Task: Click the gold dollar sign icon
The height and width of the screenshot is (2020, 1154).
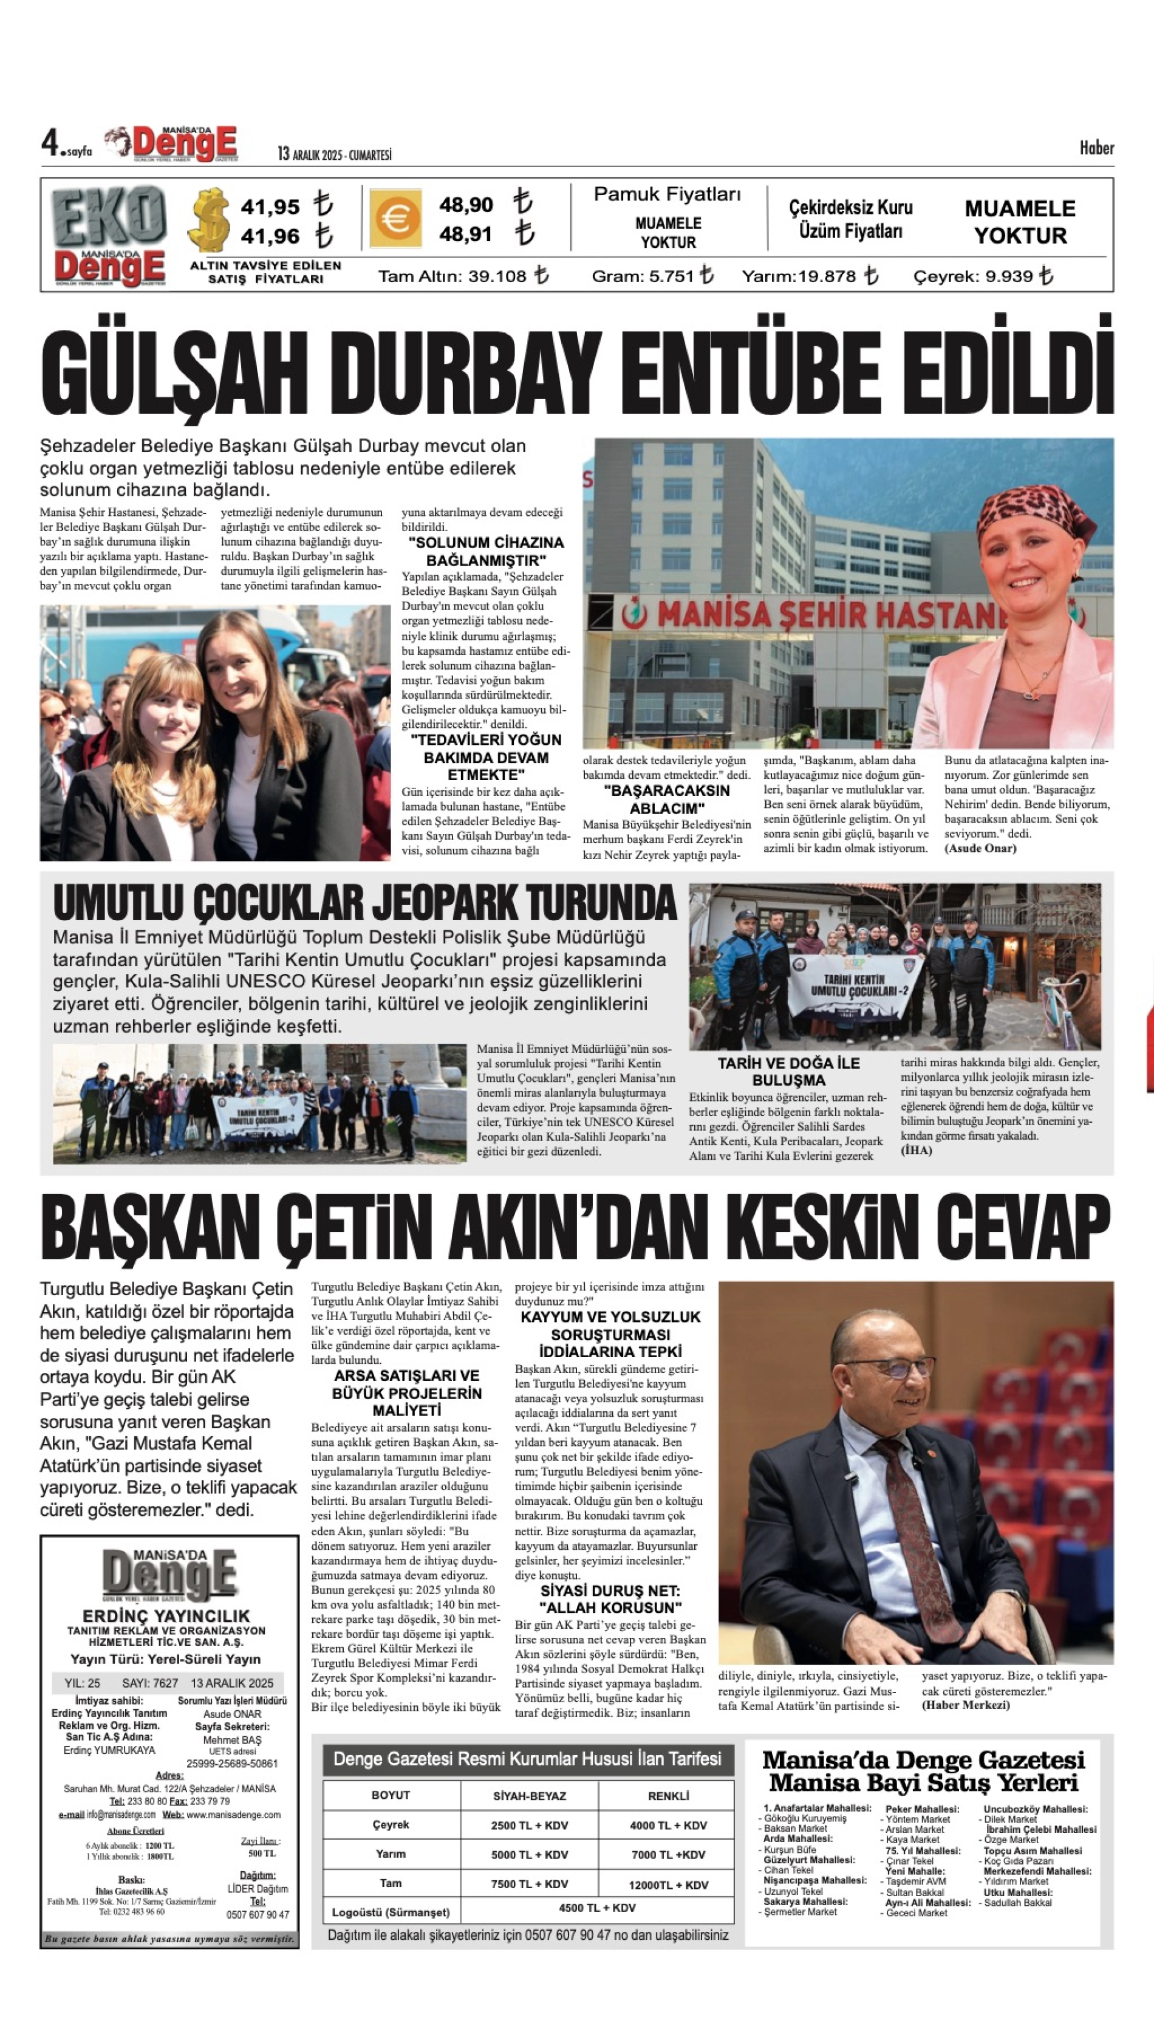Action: coord(210,221)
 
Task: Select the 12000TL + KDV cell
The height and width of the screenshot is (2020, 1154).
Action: coord(667,1885)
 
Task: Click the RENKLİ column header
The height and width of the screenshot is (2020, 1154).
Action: coord(667,1796)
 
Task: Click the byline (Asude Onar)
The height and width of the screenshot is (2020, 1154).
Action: coord(980,848)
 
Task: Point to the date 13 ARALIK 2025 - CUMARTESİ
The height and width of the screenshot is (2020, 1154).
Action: coord(335,154)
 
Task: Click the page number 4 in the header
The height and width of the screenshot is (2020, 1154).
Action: coord(51,143)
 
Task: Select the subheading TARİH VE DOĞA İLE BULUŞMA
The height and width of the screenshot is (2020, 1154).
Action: coord(788,1071)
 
